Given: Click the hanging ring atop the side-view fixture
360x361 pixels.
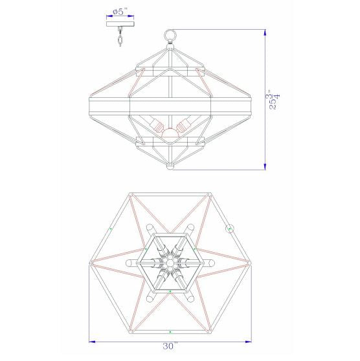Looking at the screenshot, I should tap(170, 34).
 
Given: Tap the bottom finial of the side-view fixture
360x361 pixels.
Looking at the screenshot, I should tap(170, 167).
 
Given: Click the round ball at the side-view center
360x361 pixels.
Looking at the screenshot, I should tap(170, 134).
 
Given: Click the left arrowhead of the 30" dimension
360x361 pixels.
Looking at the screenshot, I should tap(91, 342).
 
